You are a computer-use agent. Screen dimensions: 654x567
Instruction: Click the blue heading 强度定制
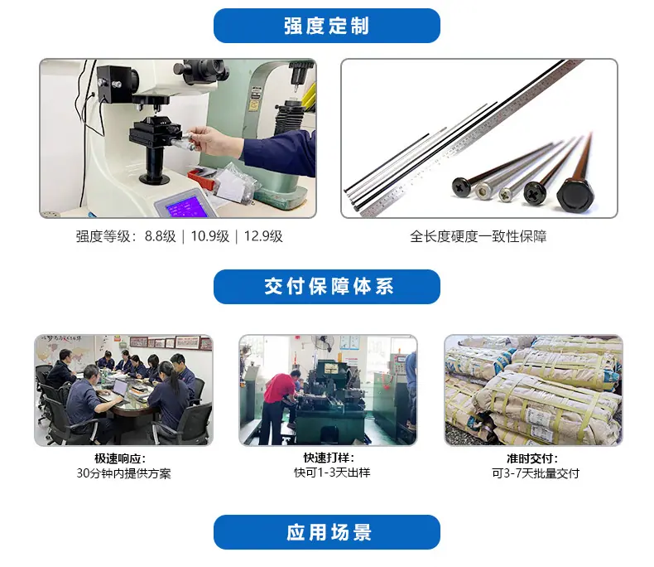click(326, 26)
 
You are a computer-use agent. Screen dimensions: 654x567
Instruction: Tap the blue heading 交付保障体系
click(329, 287)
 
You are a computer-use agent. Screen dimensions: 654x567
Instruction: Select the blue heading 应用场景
click(329, 532)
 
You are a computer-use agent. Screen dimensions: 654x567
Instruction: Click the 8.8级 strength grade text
click(160, 236)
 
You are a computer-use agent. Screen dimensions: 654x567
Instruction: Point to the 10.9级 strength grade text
click(209, 236)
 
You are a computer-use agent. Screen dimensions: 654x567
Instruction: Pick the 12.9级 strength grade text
click(263, 236)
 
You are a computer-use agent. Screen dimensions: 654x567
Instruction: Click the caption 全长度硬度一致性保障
click(478, 237)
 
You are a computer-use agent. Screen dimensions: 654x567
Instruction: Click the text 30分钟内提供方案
click(123, 473)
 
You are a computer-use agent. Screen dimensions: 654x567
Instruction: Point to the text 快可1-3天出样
click(332, 472)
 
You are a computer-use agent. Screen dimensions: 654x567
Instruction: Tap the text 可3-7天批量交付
click(536, 473)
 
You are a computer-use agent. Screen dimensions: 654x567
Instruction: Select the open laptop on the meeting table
click(118, 389)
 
